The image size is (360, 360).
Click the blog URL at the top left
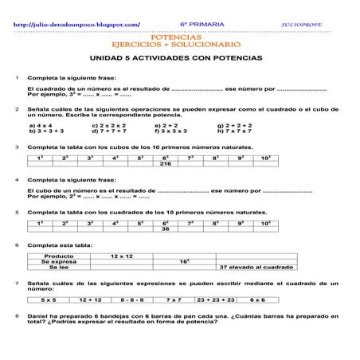pos(78,25)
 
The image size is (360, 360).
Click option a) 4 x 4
pos(41,125)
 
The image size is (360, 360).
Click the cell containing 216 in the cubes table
pos(166,164)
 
